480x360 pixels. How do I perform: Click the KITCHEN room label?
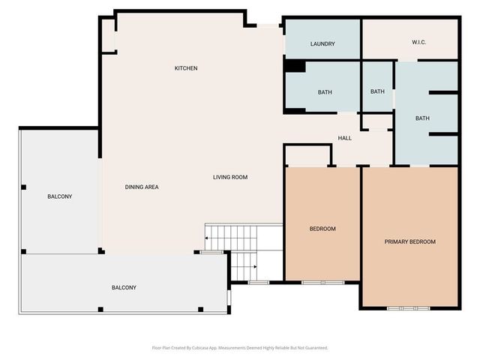[186, 68]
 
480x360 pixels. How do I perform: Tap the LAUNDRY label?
[322, 44]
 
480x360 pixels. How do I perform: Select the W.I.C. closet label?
[418, 42]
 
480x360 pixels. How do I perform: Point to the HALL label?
[345, 138]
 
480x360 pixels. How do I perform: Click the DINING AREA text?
[142, 187]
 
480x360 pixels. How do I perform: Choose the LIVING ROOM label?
[230, 177]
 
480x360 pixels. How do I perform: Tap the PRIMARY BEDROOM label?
[409, 241]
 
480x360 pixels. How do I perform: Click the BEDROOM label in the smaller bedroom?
[322, 229]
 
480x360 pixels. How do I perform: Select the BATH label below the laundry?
[325, 92]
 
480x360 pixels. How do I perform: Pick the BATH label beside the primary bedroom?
[423, 118]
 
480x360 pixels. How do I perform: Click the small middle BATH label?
[377, 91]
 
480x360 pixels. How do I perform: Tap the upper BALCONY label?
[60, 196]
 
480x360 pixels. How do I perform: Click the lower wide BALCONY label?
[124, 287]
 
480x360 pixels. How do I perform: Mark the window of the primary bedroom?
[409, 307]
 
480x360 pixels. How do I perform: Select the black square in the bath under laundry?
[295, 67]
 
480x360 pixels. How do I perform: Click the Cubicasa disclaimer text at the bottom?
[240, 347]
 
